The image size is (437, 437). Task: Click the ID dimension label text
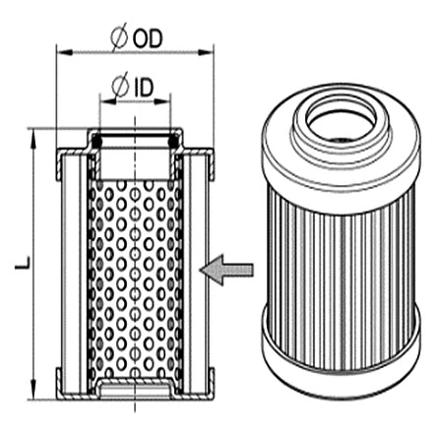(143, 87)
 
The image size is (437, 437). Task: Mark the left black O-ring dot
(97, 145)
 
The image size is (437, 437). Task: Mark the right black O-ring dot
(173, 145)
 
